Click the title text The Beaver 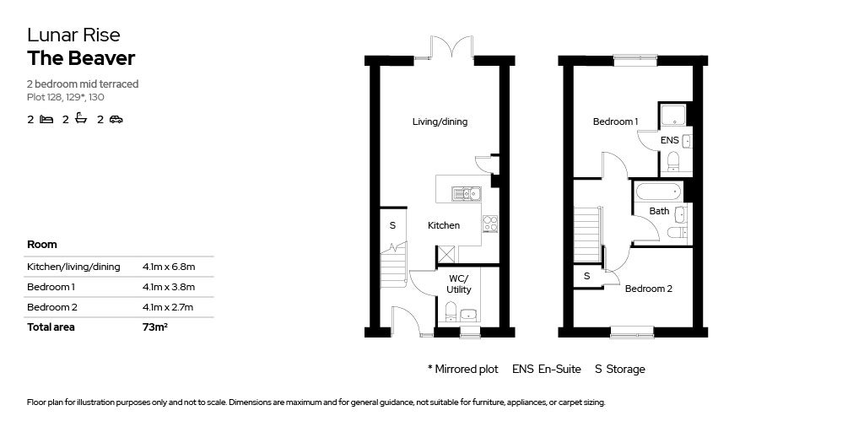81,58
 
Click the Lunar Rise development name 73,35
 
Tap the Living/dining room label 440,121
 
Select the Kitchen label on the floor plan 444,225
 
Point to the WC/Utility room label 459,283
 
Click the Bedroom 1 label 615,121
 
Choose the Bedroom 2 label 648,289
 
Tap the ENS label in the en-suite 669,140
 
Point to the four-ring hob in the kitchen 489,224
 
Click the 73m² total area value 155,327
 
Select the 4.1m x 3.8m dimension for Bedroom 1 169,287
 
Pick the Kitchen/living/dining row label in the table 73,267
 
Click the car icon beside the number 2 116,120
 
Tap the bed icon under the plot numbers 46,120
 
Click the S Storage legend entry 619,370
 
